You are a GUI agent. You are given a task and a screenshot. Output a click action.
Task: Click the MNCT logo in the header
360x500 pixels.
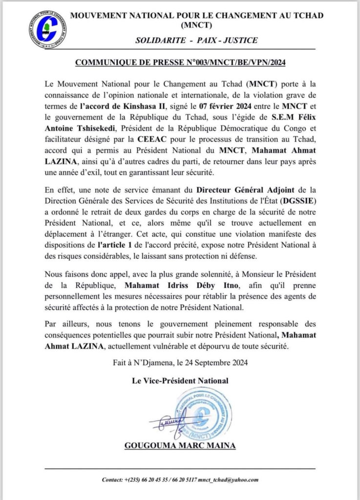click(47, 29)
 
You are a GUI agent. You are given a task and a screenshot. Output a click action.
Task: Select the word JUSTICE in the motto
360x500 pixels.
click(240, 40)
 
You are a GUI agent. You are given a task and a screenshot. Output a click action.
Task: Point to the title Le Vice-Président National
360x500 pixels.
click(179, 380)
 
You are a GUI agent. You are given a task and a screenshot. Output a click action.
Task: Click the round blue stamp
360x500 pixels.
click(202, 414)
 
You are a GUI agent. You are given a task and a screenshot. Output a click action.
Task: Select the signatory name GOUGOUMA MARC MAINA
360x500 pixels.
click(179, 446)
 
